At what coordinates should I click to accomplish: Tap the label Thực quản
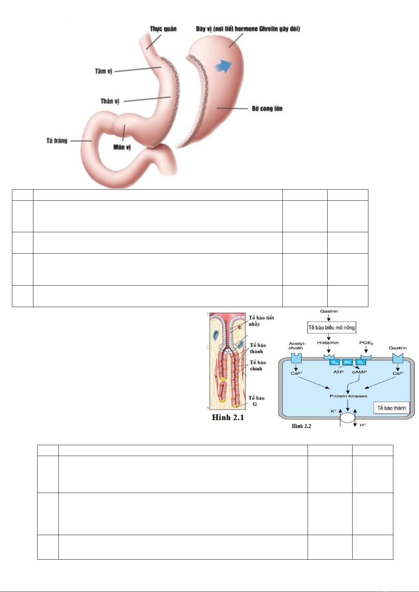click(x=163, y=29)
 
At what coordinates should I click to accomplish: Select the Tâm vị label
click(x=103, y=71)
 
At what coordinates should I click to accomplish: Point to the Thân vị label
click(x=110, y=101)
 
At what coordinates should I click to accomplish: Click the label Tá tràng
click(x=57, y=141)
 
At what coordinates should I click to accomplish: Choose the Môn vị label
click(x=122, y=147)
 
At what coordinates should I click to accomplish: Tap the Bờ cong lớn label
click(x=267, y=109)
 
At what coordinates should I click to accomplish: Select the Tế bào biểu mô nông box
click(x=331, y=327)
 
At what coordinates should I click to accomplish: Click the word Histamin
click(x=328, y=343)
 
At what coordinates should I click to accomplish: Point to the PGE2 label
click(x=366, y=343)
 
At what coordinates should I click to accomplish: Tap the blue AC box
click(x=347, y=362)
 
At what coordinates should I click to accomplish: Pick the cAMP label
click(x=359, y=372)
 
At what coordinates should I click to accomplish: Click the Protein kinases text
click(x=348, y=396)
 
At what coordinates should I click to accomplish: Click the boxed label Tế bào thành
click(x=391, y=408)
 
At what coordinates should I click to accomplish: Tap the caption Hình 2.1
click(x=228, y=417)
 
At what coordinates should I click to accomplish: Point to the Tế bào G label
click(x=256, y=401)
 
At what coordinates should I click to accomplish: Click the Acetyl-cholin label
click(x=297, y=346)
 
